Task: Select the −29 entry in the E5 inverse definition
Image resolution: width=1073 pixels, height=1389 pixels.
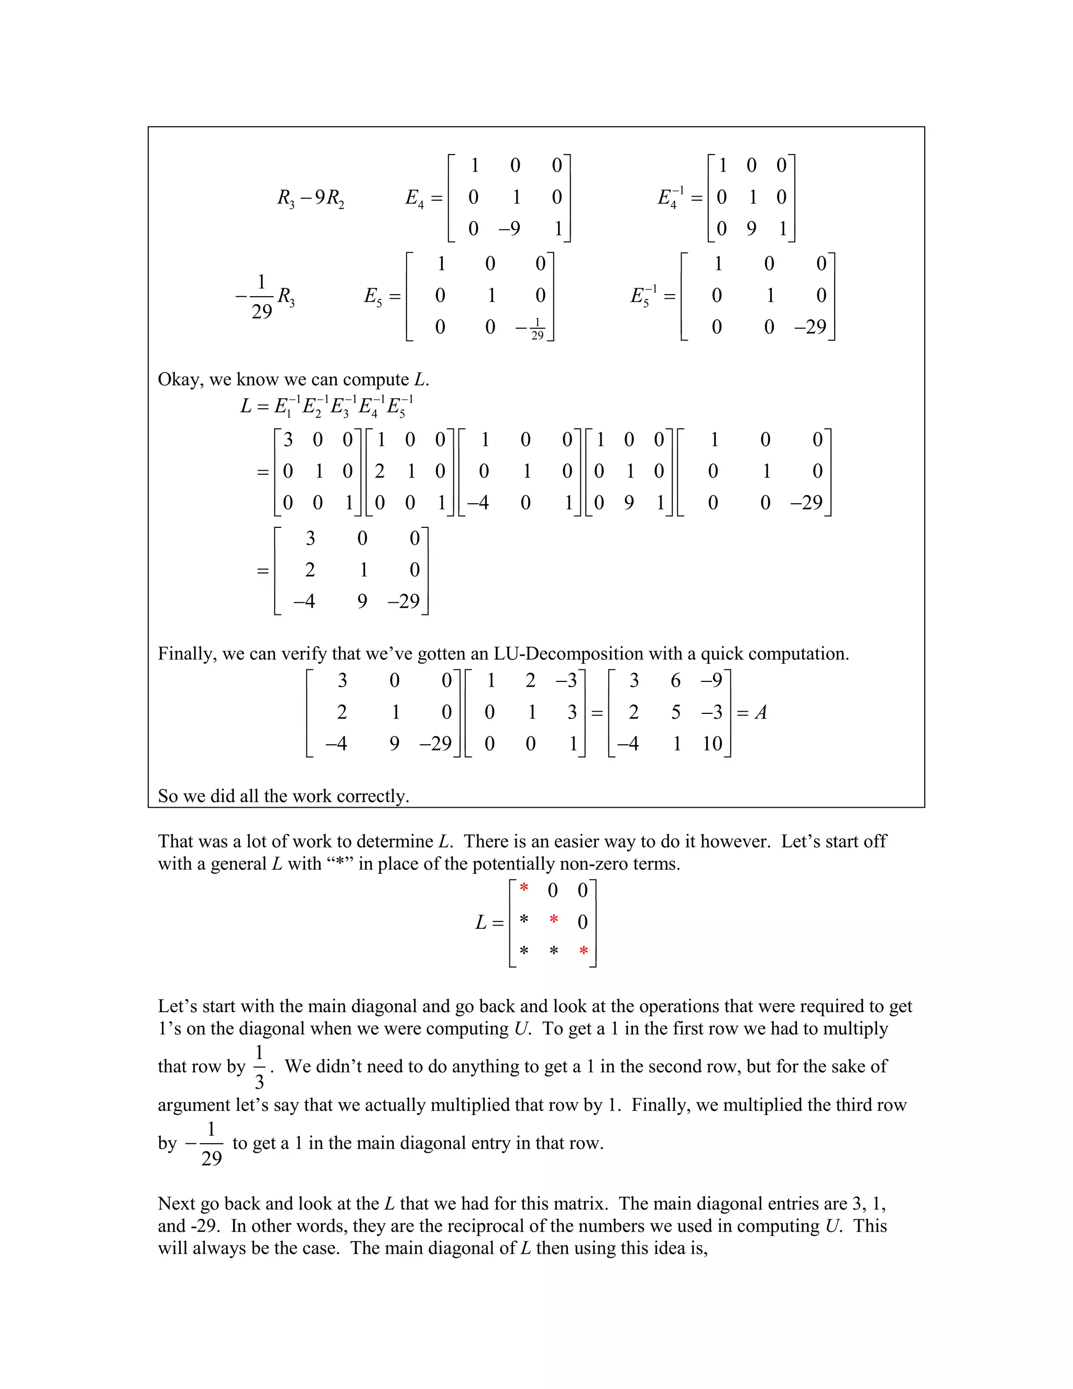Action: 810,327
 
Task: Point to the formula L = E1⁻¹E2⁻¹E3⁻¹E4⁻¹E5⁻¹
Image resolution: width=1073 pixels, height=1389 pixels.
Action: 327,405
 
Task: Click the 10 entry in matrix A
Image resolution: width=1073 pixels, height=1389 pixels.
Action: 712,743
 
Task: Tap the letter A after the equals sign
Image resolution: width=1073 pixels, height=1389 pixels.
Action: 761,712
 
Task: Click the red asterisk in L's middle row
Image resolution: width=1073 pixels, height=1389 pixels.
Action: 554,920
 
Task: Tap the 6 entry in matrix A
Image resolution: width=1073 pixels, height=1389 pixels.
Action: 676,681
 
